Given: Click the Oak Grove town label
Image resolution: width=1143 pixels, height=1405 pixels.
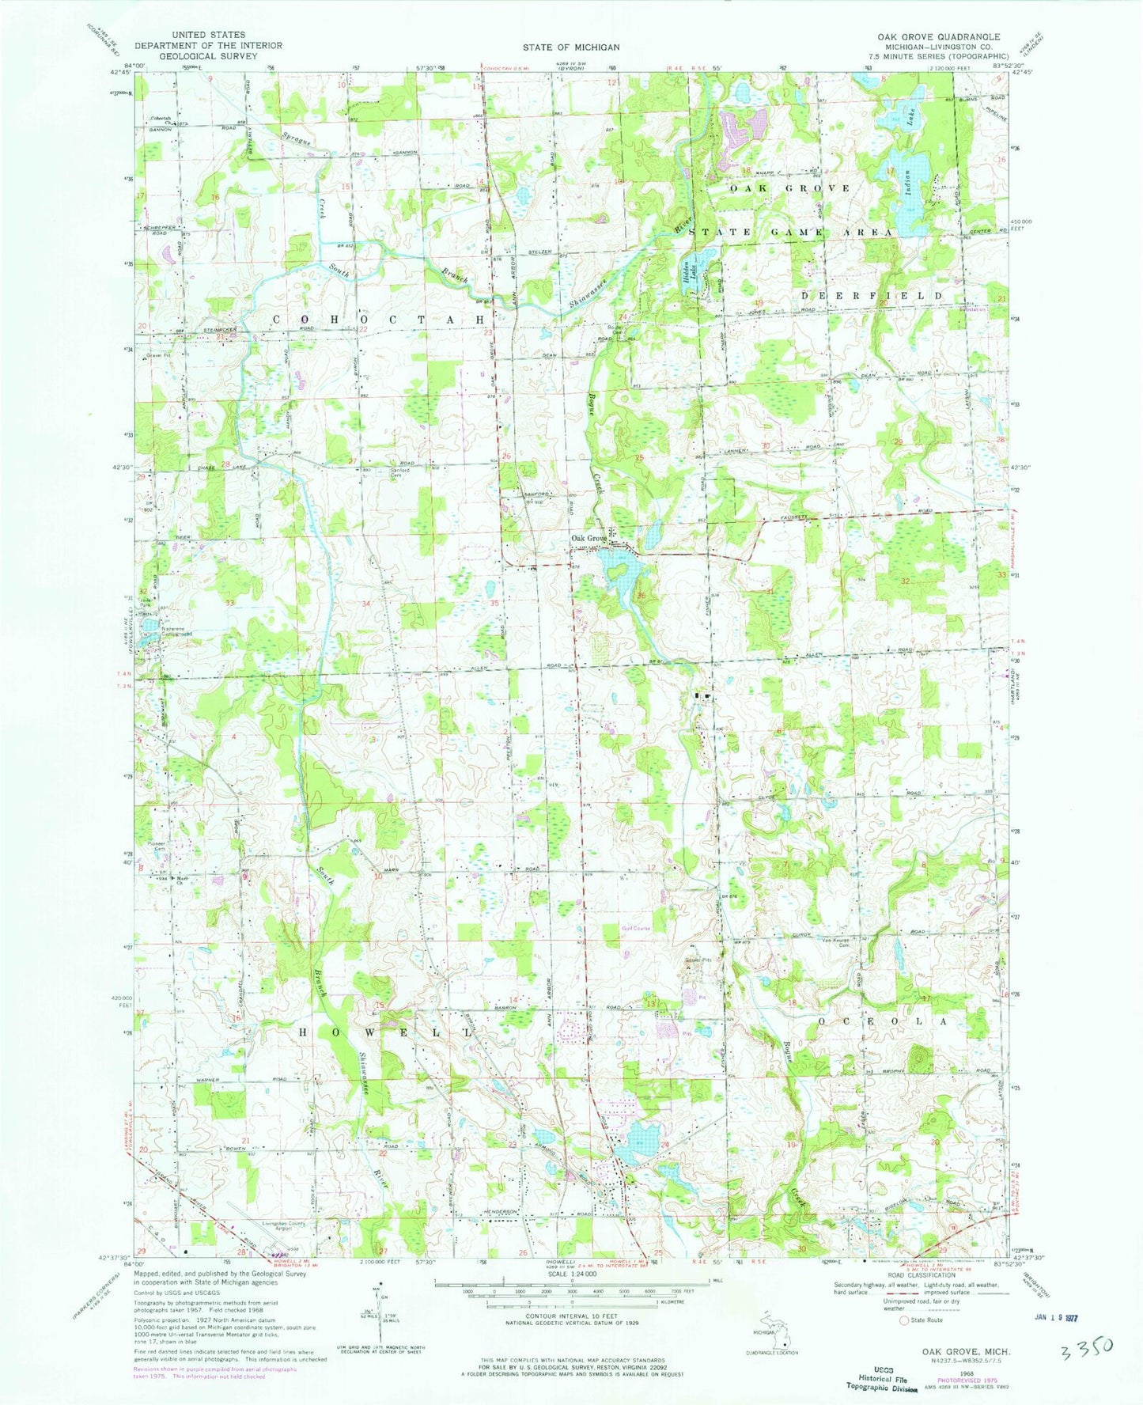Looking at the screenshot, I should coord(589,539).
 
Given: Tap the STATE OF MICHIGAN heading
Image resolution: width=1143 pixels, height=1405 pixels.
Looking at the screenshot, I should coord(570,47).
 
